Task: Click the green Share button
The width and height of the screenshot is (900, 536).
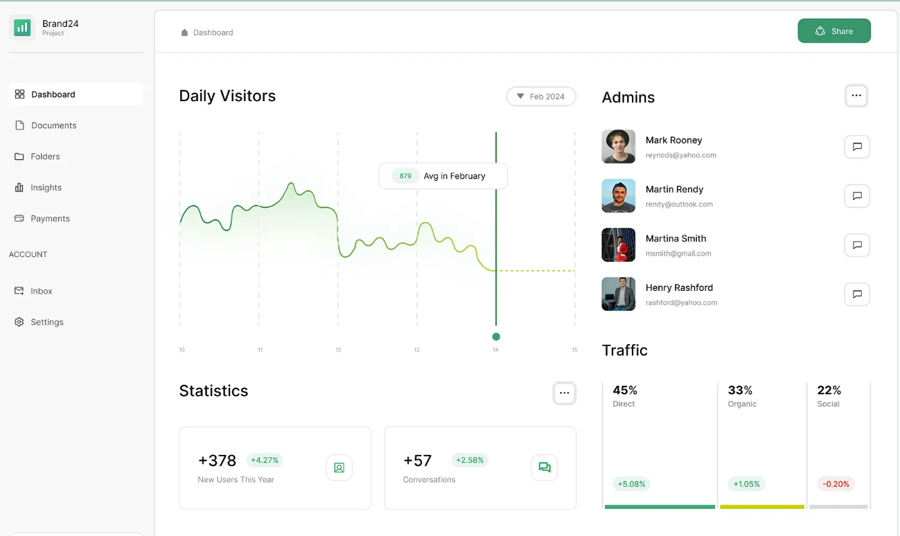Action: [x=834, y=31]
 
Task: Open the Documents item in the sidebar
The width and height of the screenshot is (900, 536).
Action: [x=53, y=125]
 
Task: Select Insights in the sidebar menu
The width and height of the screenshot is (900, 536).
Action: [x=46, y=188]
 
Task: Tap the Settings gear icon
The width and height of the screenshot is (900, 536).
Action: [x=19, y=322]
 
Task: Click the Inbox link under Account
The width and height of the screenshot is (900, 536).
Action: [x=41, y=291]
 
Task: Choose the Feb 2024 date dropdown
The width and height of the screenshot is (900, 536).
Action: [x=541, y=96]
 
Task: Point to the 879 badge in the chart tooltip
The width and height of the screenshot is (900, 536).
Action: [x=405, y=176]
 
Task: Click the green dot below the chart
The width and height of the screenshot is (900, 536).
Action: [x=496, y=337]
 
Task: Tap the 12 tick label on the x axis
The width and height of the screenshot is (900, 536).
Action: [x=338, y=350]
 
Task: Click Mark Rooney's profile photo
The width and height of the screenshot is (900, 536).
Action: [x=618, y=147]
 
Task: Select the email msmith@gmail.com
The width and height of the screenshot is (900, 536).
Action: [x=678, y=253]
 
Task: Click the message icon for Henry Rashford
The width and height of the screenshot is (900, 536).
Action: [x=857, y=294]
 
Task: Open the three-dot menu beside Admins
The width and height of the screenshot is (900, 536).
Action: [x=856, y=96]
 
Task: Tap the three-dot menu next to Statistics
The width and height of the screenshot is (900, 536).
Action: [x=565, y=393]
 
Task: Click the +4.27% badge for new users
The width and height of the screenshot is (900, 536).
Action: [x=265, y=460]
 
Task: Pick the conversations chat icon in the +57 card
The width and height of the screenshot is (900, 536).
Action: [x=545, y=467]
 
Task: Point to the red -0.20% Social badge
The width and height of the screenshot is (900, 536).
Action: [x=836, y=484]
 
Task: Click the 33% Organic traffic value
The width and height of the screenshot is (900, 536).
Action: [x=740, y=391]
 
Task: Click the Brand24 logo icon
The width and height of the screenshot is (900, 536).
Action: [x=22, y=28]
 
